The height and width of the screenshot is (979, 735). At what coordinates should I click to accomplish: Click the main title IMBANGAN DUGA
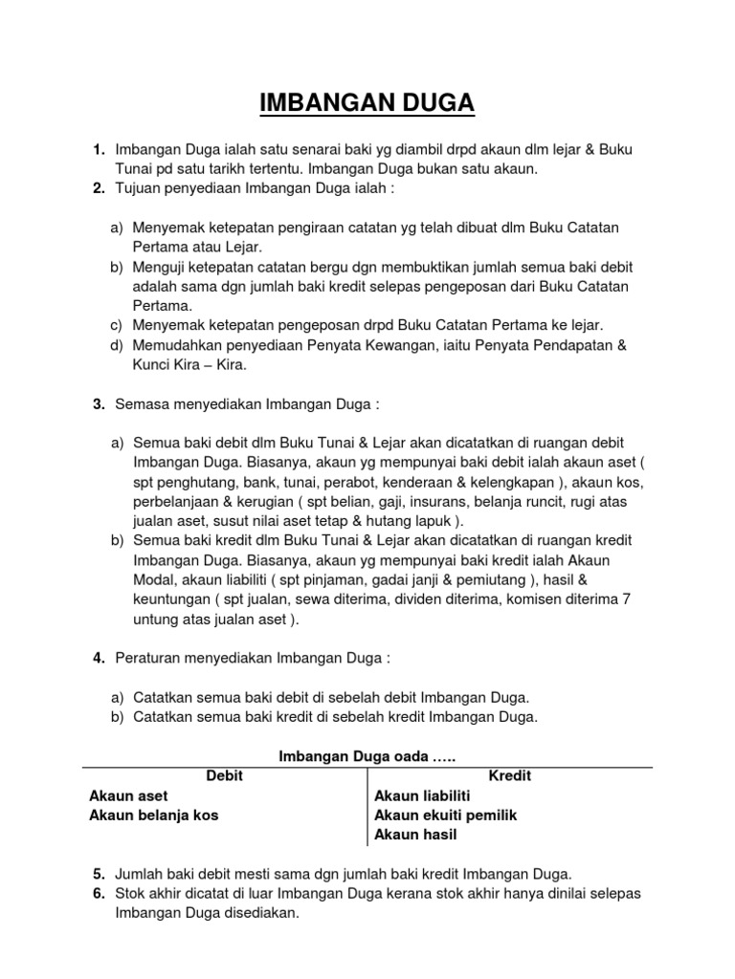pos(367,102)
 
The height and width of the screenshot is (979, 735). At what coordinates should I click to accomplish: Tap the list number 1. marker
pos(99,151)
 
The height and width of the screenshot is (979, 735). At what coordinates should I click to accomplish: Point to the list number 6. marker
pos(99,893)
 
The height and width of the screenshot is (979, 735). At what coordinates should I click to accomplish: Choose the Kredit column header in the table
pos(509,776)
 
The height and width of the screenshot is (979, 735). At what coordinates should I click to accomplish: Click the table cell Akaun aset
pos(129,795)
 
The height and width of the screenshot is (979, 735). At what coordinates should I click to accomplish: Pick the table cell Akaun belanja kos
pos(159,816)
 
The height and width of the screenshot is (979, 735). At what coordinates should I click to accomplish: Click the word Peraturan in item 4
pos(148,659)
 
